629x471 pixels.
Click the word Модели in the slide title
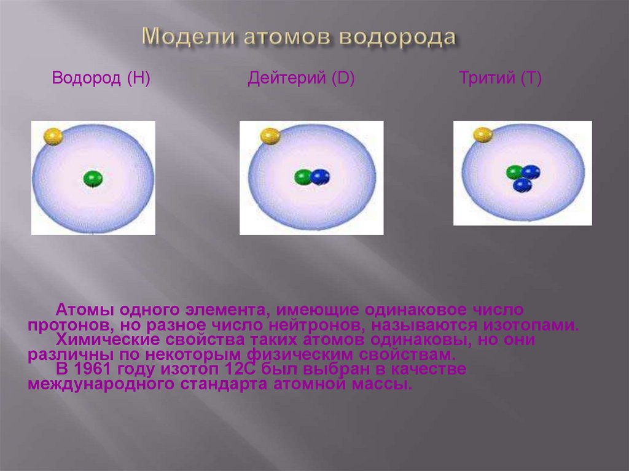coord(189,37)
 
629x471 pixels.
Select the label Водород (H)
coord(101,78)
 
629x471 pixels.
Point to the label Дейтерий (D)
coord(301,78)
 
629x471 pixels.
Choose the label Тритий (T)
coord(500,78)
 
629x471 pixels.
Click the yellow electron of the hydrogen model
coord(53,136)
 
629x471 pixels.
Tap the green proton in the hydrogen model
coord(93,179)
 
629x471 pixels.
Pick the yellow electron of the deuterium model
coord(270,136)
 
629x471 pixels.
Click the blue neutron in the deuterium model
coord(321,177)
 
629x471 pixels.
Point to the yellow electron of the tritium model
coord(483,135)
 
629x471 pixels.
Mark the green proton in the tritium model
coord(514,173)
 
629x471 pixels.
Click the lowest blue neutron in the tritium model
coord(522,185)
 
